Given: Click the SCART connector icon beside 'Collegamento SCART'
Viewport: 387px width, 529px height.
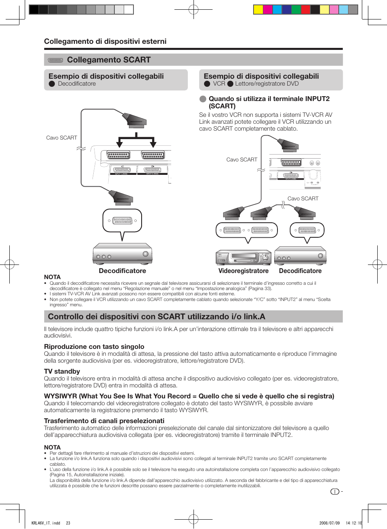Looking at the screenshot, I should point(56,60).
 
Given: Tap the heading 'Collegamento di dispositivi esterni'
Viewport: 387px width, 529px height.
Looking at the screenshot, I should point(105,41).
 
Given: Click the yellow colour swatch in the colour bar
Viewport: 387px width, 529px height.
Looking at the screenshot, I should point(258,9).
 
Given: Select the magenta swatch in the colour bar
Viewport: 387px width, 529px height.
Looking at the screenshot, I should point(268,9).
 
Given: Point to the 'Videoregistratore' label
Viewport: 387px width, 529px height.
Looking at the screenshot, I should point(243,271).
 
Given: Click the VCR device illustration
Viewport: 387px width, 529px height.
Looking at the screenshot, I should point(243,257).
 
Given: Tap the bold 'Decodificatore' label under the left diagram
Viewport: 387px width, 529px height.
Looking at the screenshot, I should point(122,271).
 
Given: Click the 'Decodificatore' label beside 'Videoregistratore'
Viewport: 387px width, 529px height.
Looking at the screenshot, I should point(300,271).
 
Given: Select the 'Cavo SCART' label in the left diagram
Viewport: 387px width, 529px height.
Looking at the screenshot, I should point(62,138).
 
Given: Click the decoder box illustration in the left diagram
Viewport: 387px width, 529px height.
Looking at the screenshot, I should point(122,254).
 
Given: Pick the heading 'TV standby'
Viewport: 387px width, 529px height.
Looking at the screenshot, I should point(62,372).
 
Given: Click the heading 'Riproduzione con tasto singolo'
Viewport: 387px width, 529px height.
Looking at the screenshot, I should point(94,347).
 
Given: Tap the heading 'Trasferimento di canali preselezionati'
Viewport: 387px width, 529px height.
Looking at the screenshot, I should point(104,421).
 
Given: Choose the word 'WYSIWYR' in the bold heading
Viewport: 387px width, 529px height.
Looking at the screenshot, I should point(60,396).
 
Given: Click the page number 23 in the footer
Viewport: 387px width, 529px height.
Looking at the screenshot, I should point(68,523).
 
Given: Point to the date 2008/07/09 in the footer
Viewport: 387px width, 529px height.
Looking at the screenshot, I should point(329,523).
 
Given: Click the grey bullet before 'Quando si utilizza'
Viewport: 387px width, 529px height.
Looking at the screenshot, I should point(203,99).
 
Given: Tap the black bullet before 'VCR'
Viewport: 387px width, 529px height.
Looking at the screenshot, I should point(207,84).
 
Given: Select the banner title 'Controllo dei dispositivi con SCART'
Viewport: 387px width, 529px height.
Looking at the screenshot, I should point(157,317).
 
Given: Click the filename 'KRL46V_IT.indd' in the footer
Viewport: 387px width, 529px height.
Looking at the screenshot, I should point(45,523).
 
